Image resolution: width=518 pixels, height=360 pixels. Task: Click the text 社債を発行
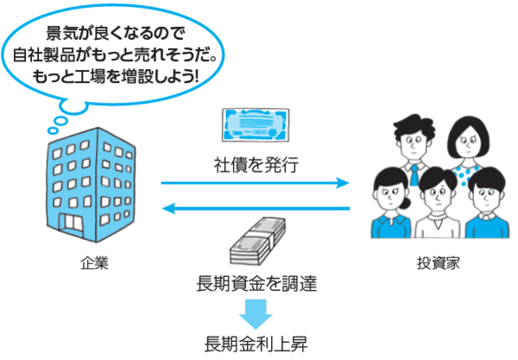(256, 163)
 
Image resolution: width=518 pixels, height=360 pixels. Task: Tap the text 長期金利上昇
(256, 341)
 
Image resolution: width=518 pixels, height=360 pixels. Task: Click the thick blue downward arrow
(256, 310)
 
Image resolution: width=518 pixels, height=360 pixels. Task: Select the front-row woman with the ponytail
(388, 207)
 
